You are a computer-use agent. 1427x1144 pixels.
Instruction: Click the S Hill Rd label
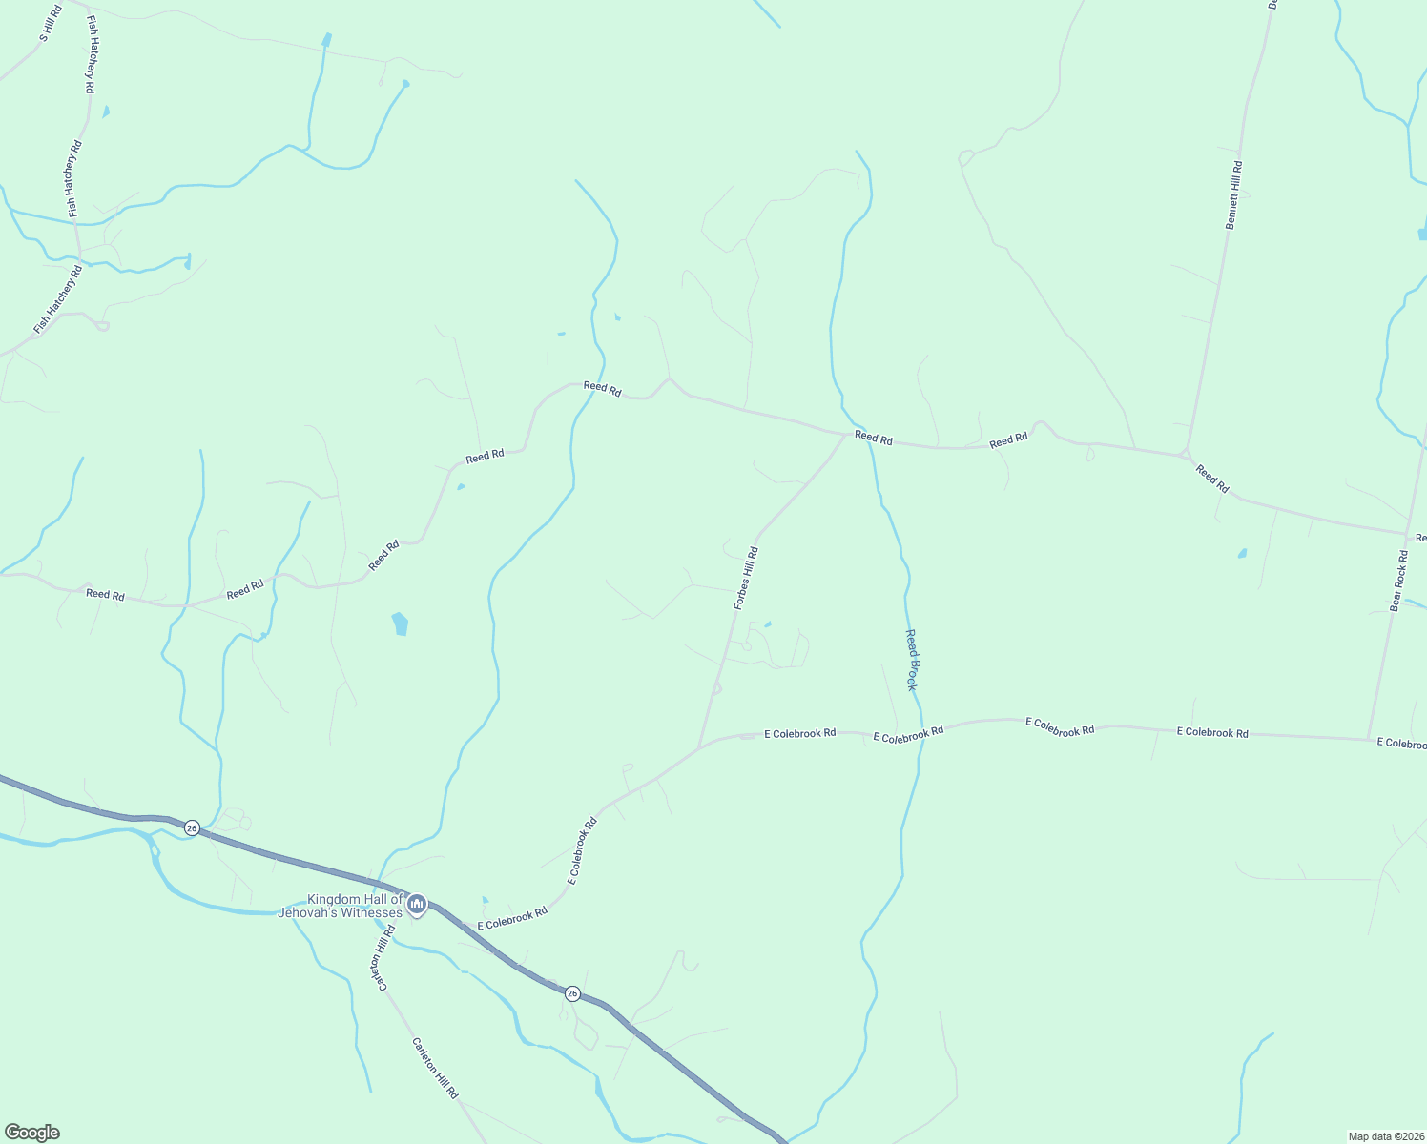pyautogui.click(x=50, y=24)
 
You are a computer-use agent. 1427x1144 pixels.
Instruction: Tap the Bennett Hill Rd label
pyautogui.click(x=1233, y=194)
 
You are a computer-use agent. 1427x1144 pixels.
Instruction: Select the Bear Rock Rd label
pyautogui.click(x=1398, y=580)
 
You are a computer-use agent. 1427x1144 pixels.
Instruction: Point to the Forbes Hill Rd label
pyautogui.click(x=746, y=578)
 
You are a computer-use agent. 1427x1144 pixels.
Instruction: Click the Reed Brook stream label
pyautogui.click(x=913, y=660)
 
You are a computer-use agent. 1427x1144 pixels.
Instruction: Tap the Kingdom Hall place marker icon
pyautogui.click(x=417, y=904)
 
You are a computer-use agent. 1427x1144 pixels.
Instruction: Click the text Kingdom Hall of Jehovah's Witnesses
pyautogui.click(x=341, y=906)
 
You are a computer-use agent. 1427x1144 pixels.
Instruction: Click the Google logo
pyautogui.click(x=31, y=1133)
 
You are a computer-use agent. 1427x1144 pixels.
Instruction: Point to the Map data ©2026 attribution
pyautogui.click(x=1385, y=1136)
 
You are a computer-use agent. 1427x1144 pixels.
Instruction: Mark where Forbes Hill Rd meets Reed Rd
pyautogui.click(x=846, y=435)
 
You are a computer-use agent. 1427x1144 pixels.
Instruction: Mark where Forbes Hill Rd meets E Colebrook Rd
pyautogui.click(x=699, y=746)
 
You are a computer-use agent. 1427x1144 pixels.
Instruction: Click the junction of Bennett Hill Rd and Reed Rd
pyautogui.click(x=1186, y=453)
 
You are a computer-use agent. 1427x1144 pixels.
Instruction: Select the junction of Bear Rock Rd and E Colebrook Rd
pyautogui.click(x=1369, y=739)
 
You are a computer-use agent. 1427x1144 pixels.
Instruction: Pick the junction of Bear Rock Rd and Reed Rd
pyautogui.click(x=1407, y=534)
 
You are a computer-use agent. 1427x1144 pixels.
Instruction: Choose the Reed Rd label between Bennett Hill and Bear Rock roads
pyautogui.click(x=1212, y=478)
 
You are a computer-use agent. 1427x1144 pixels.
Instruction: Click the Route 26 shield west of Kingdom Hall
pyautogui.click(x=192, y=827)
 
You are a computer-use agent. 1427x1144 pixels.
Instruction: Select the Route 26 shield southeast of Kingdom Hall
pyautogui.click(x=571, y=993)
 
